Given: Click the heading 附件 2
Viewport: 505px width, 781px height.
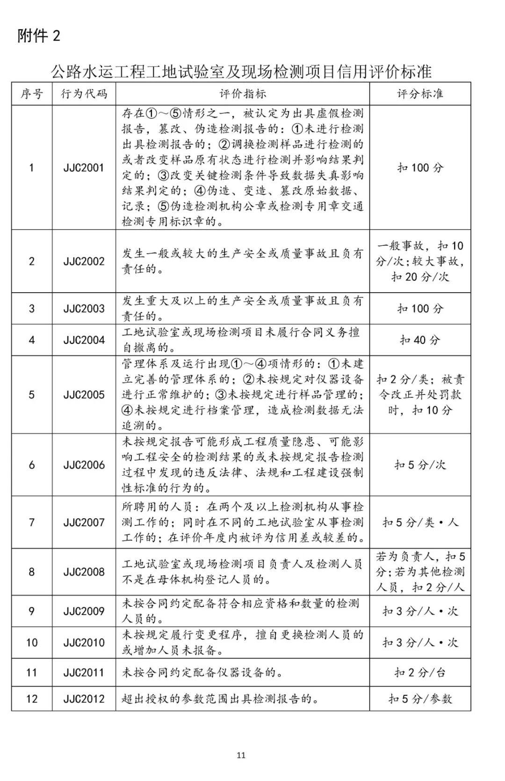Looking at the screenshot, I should pyautogui.click(x=39, y=36).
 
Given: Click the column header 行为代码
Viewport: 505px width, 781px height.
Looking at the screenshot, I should pyautogui.click(x=84, y=94).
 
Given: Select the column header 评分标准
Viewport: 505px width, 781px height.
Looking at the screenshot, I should pyautogui.click(x=420, y=94).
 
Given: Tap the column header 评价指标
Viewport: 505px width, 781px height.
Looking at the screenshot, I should pyautogui.click(x=243, y=94).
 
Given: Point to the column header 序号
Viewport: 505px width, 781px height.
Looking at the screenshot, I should pyautogui.click(x=32, y=94).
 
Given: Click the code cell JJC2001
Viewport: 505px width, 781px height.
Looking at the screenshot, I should pyautogui.click(x=84, y=168).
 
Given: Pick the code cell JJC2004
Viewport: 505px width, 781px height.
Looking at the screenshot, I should pyautogui.click(x=84, y=340).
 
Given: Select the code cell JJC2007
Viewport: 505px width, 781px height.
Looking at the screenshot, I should pyautogui.click(x=84, y=522).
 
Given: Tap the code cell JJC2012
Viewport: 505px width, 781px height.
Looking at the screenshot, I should pyautogui.click(x=84, y=699).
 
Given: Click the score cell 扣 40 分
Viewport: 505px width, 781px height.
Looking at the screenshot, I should pyautogui.click(x=420, y=340).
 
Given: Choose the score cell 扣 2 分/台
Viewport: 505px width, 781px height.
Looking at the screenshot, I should pyautogui.click(x=420, y=673).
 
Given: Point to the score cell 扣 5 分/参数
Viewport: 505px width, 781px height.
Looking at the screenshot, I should pyautogui.click(x=420, y=699).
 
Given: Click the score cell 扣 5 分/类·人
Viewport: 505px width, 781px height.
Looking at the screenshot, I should pyautogui.click(x=420, y=522).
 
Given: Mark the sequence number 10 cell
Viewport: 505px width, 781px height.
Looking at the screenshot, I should pyautogui.click(x=32, y=643).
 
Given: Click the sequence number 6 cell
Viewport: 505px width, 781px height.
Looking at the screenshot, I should pyautogui.click(x=32, y=465).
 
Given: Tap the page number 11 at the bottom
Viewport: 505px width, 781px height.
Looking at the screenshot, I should pyautogui.click(x=241, y=755).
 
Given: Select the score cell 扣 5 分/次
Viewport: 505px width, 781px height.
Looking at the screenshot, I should pyautogui.click(x=420, y=465).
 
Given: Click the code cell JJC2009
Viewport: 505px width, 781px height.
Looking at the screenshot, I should pyautogui.click(x=84, y=611).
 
